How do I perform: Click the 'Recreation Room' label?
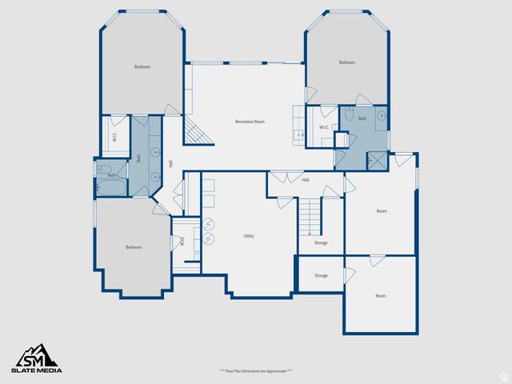tap(250, 122)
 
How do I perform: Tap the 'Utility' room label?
tap(249, 236)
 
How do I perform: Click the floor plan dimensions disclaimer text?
tap(256, 371)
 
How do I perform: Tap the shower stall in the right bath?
tap(374, 158)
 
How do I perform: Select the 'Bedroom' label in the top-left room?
tap(142, 67)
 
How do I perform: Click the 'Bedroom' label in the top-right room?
tap(346, 62)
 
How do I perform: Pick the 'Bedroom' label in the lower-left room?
tap(134, 247)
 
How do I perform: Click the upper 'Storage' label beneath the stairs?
tap(321, 242)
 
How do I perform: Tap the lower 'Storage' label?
tap(321, 275)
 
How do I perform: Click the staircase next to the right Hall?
tap(310, 214)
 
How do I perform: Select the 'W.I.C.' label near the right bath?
tap(324, 127)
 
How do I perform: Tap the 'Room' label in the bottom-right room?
tap(381, 296)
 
